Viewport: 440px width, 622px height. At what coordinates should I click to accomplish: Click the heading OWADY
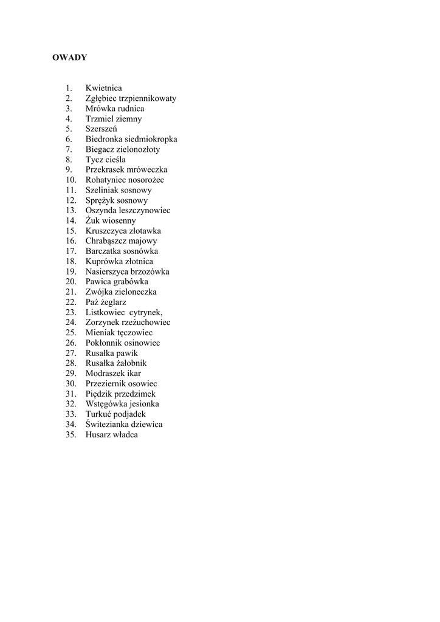point(69,58)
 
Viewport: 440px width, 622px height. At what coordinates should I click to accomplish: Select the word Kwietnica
point(103,88)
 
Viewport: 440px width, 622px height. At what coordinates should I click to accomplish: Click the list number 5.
point(69,129)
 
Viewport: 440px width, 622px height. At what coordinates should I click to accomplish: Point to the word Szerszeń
point(101,129)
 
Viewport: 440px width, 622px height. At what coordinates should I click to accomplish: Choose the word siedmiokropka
point(151,139)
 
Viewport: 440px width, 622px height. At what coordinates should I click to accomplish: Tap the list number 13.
point(71,211)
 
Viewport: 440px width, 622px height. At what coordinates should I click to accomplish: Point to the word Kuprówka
point(103,262)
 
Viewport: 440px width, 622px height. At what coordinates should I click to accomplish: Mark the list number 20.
point(71,282)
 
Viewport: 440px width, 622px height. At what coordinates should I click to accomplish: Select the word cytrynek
point(146,312)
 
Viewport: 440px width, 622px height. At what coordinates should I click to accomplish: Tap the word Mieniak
point(100,333)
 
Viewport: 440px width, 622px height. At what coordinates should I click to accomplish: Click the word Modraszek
point(105,374)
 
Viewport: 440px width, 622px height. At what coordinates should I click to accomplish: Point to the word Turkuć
point(100,414)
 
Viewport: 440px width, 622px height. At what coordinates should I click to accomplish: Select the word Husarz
point(98,435)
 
